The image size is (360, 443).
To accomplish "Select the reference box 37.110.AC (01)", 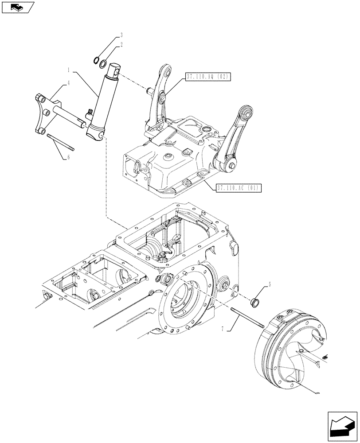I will click(x=238, y=188).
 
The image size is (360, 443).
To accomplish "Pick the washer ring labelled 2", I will click(x=103, y=65).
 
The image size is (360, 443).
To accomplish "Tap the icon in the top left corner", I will click(x=18, y=8).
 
